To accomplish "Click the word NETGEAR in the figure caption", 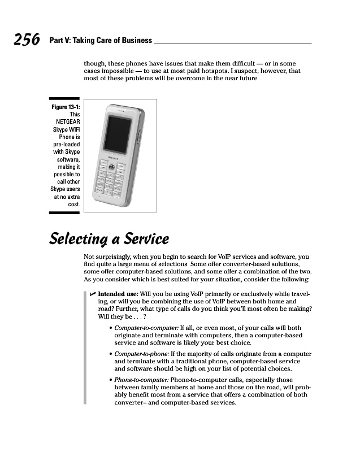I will [67, 122].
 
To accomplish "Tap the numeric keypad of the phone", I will [113, 183].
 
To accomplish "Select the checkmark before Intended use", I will [93, 295].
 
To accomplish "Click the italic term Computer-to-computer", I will [146, 328].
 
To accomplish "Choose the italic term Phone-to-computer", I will [141, 380].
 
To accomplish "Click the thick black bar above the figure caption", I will [64, 99].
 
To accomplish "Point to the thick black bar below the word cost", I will [64, 213].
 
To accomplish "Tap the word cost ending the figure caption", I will [73, 204].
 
